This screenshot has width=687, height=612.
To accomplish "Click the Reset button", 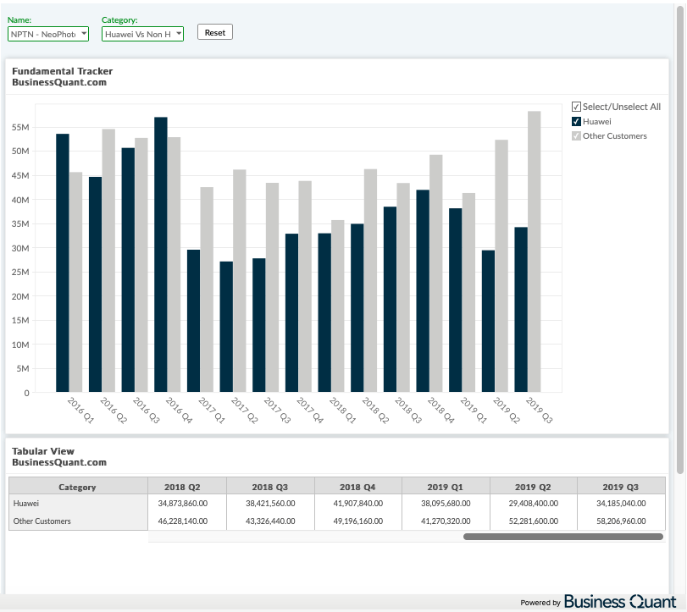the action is tap(214, 32).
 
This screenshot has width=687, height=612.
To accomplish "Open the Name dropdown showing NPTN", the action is tap(48, 34).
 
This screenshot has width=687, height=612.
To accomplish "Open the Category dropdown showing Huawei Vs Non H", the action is tap(142, 34).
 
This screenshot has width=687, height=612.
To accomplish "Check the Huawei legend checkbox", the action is tap(576, 121).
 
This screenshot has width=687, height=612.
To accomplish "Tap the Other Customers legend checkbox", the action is tap(576, 135).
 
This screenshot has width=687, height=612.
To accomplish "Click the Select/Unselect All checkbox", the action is tap(576, 107).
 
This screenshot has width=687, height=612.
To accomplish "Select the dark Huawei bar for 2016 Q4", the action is tap(161, 254).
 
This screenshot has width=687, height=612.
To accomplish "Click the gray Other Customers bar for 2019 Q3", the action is tap(534, 251).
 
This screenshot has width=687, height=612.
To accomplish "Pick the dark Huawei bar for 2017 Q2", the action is tap(226, 327).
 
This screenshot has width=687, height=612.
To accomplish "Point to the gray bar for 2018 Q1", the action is tap(338, 306).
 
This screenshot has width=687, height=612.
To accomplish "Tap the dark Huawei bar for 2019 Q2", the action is tap(488, 321).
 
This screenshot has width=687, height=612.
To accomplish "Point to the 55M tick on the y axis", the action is tap(20, 127).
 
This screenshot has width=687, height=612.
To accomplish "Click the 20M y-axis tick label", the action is tap(20, 296).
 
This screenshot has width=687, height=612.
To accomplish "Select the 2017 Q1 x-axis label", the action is tap(211, 411).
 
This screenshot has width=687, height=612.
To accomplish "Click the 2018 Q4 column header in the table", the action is tap(357, 487).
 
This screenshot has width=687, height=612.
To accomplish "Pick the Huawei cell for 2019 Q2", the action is tap(533, 504).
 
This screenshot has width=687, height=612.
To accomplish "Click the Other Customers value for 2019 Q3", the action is tap(621, 521).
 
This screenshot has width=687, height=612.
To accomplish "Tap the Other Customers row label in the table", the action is tap(42, 521).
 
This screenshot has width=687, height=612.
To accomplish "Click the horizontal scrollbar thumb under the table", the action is tap(563, 537).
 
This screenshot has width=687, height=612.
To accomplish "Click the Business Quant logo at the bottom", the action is tap(620, 602).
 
